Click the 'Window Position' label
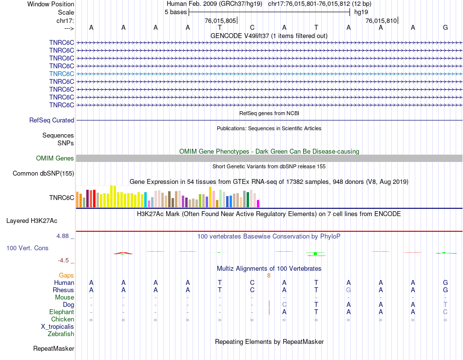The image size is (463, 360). pos(51,4)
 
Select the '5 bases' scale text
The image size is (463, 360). pos(175,12)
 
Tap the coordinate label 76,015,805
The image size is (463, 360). pos(220,20)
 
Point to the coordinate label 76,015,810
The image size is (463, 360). pos(382,20)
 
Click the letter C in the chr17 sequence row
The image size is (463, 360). pos(252,27)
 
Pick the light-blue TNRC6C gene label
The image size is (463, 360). pos(61,74)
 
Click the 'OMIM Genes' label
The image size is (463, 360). pos(55,158)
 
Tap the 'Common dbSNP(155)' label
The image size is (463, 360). pos(43,173)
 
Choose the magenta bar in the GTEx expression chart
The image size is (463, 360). pos(258,203)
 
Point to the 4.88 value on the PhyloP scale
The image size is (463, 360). pos(65,236)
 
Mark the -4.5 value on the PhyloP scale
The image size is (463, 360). pos(67,260)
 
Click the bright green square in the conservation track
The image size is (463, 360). pos(315,254)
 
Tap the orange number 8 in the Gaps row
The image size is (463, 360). pos(269,276)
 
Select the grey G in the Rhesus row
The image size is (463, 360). pos(348,290)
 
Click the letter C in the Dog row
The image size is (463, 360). pos(284,304)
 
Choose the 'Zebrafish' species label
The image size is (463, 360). pos(61,334)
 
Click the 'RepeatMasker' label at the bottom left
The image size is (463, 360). pos(54,348)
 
